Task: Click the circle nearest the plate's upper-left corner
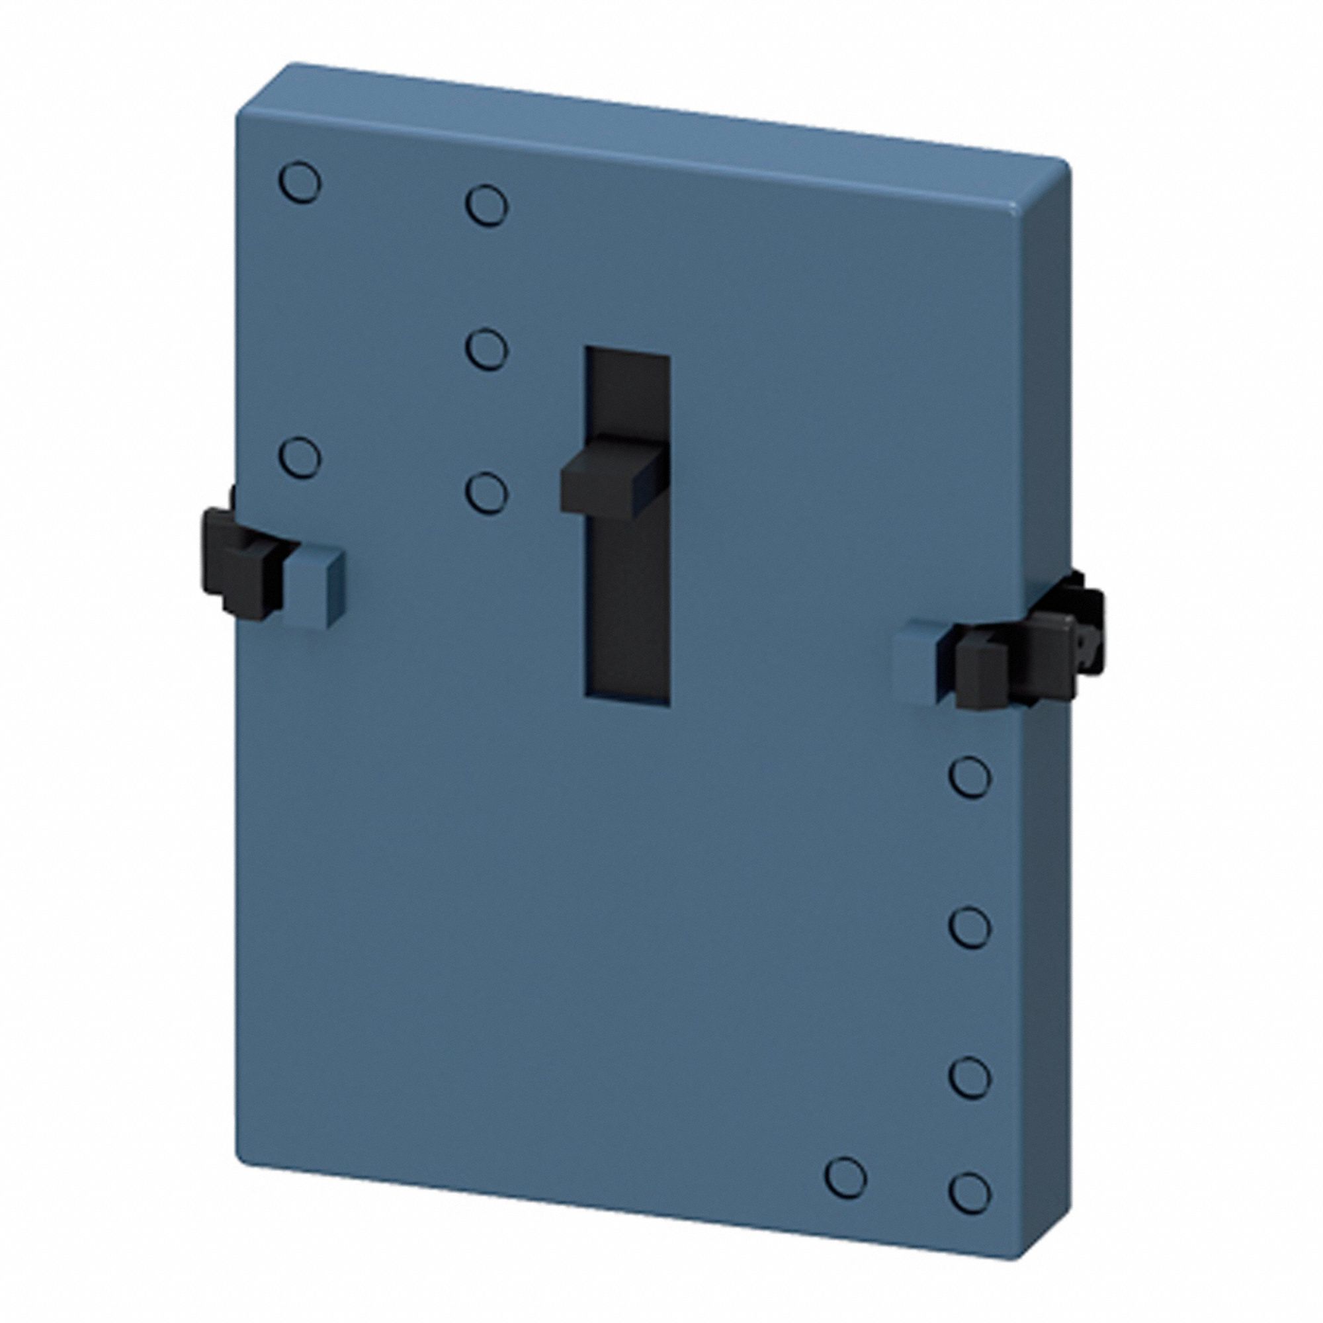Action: (x=300, y=182)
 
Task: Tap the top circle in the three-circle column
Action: (x=487, y=204)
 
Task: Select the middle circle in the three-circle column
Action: (x=487, y=349)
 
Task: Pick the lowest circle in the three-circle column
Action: (x=487, y=491)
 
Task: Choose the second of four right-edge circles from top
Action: (x=970, y=927)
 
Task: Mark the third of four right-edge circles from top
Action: (x=970, y=1077)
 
